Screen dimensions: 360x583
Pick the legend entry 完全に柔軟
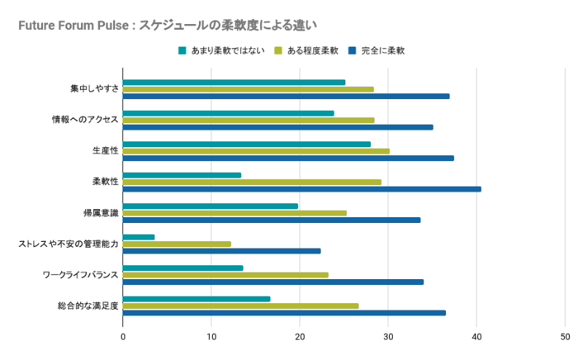point(382,51)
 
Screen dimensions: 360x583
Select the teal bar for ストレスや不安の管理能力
point(138,237)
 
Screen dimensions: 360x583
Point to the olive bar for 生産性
point(256,151)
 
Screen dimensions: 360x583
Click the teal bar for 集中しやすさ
point(234,82)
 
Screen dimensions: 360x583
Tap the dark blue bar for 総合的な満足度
point(284,313)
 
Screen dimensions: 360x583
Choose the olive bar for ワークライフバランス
point(225,275)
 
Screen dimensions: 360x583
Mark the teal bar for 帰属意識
point(210,206)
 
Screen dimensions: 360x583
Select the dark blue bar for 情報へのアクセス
point(278,127)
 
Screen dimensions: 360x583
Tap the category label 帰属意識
point(101,213)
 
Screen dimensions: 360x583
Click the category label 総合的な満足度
point(87,305)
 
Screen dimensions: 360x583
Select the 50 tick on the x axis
point(565,337)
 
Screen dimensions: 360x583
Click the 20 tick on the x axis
point(300,337)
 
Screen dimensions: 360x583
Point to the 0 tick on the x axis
point(123,337)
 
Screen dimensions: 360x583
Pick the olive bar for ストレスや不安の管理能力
point(176,244)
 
